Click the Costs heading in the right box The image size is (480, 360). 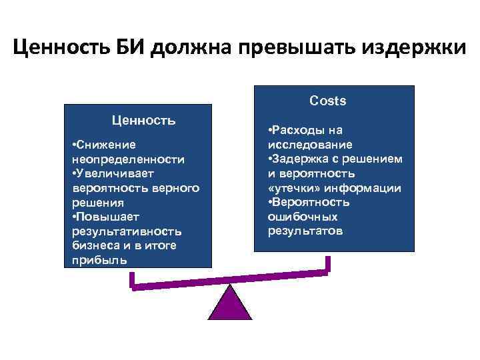pos(327,101)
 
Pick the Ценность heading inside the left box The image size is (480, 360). pos(144,121)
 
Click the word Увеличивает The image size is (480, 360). pos(107,174)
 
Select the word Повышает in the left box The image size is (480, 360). pos(103,217)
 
